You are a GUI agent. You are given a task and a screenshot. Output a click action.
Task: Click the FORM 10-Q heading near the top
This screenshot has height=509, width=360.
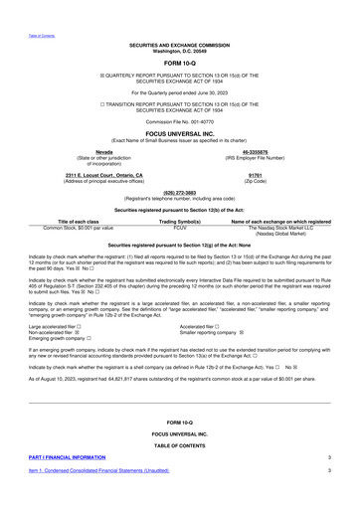pos(179,64)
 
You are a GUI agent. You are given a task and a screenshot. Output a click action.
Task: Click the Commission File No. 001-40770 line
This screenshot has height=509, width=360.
pos(179,116)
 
